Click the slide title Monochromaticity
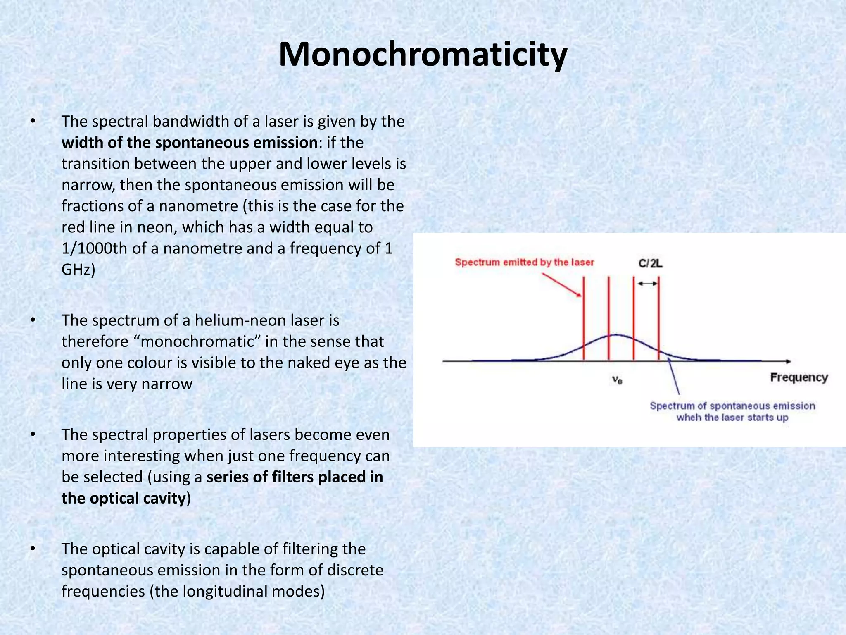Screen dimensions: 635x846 (x=423, y=55)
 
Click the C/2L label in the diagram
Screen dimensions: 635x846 (x=650, y=263)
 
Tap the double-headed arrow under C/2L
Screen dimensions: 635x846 (x=646, y=284)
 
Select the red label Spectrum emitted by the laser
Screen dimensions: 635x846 (x=524, y=262)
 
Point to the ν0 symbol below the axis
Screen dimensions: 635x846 (x=617, y=380)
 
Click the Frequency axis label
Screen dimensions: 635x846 (x=798, y=377)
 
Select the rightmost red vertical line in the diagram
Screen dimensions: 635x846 (x=658, y=318)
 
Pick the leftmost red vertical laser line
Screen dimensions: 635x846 (x=584, y=318)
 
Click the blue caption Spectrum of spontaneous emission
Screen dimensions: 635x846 (x=732, y=406)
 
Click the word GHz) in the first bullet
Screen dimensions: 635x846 (x=78, y=270)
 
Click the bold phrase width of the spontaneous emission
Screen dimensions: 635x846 (x=189, y=143)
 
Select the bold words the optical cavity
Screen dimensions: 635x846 (x=124, y=498)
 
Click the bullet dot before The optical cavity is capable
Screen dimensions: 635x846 (x=33, y=549)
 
